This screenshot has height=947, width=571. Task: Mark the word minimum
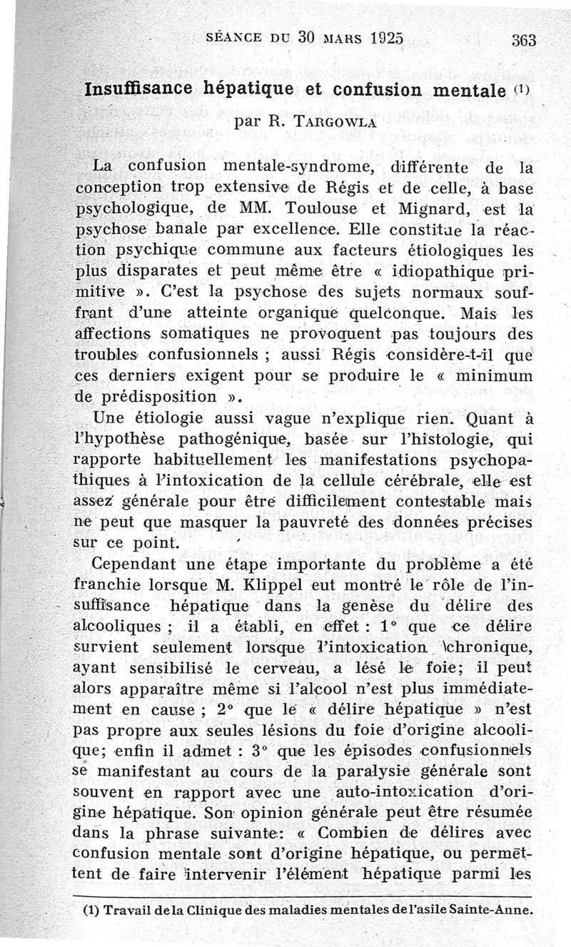[x=493, y=375]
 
